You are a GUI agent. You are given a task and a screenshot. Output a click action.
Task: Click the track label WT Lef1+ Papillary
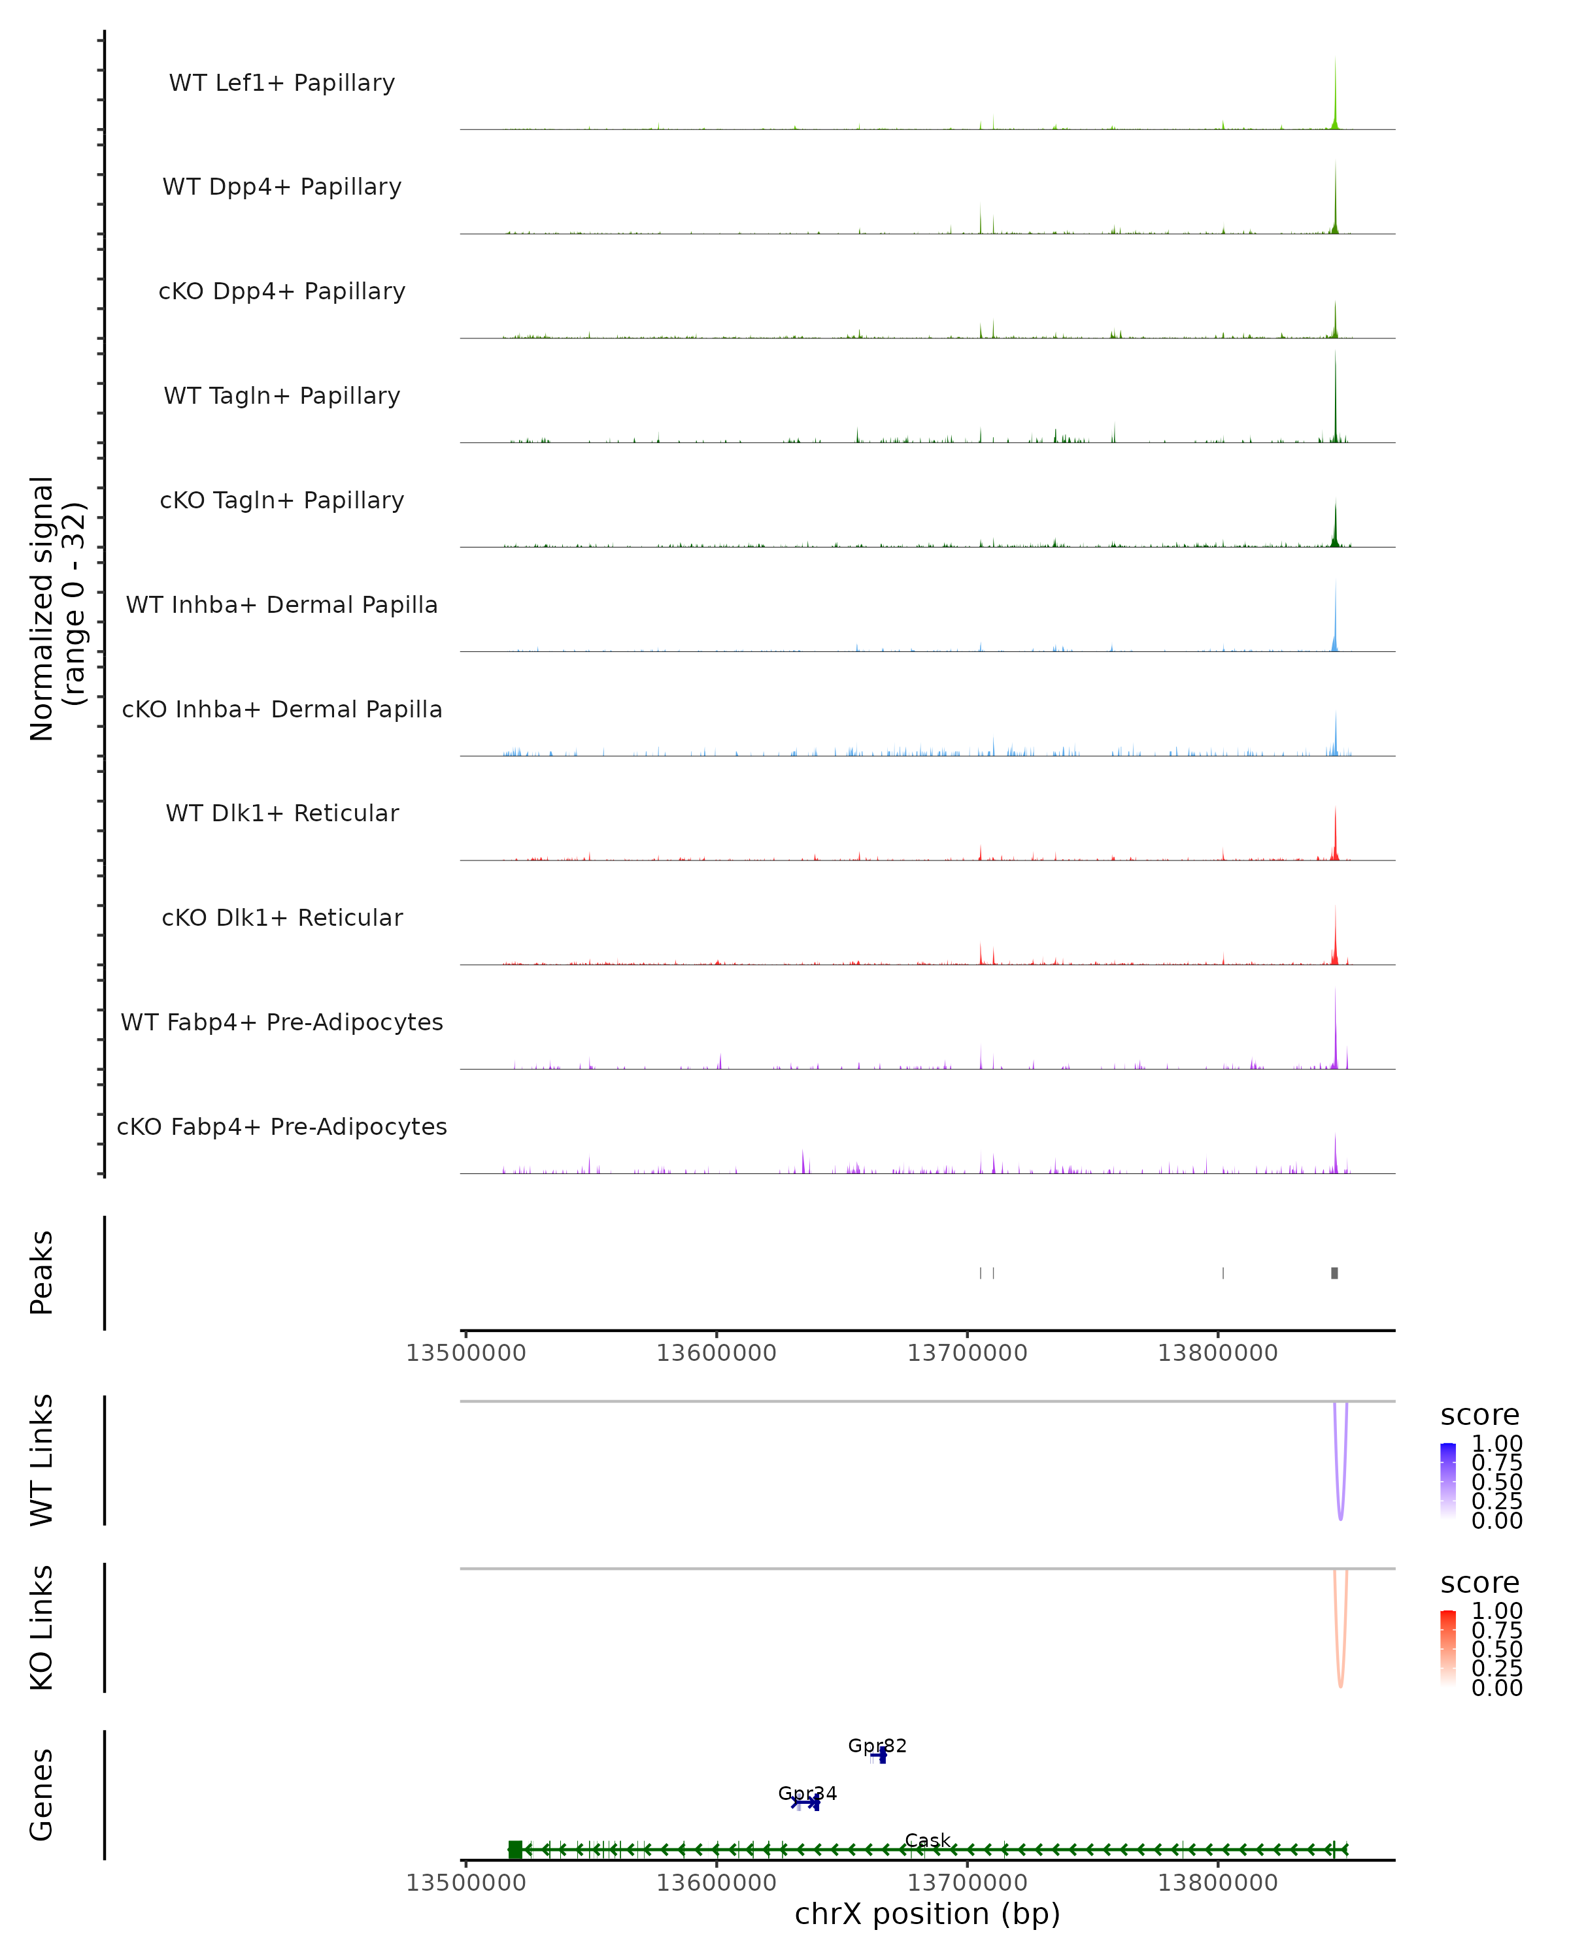(282, 83)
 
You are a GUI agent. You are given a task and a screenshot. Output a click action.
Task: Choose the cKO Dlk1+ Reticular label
(282, 917)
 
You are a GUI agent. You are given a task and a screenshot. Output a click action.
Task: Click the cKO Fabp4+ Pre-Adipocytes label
(282, 1126)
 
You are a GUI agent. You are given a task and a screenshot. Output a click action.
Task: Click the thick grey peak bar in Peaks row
(1334, 1273)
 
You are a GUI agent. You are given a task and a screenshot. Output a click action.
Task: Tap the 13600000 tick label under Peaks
(716, 1353)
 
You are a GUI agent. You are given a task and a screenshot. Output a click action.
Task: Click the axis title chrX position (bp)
(927, 1914)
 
